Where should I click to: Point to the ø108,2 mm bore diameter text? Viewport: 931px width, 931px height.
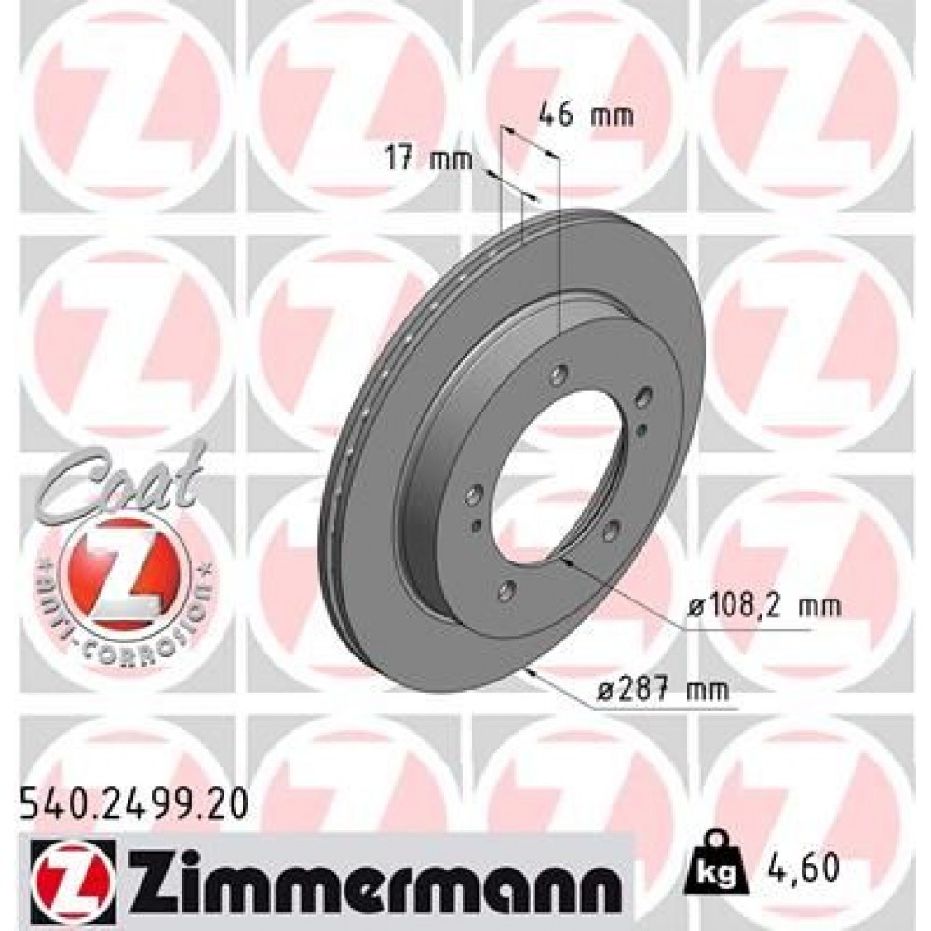tap(764, 607)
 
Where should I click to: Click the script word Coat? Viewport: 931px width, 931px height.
tap(122, 485)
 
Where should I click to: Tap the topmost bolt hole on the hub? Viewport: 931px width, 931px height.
tap(559, 374)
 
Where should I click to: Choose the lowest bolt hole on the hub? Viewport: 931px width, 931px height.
tap(507, 589)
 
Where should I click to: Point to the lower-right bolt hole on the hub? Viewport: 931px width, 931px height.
tap(612, 530)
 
